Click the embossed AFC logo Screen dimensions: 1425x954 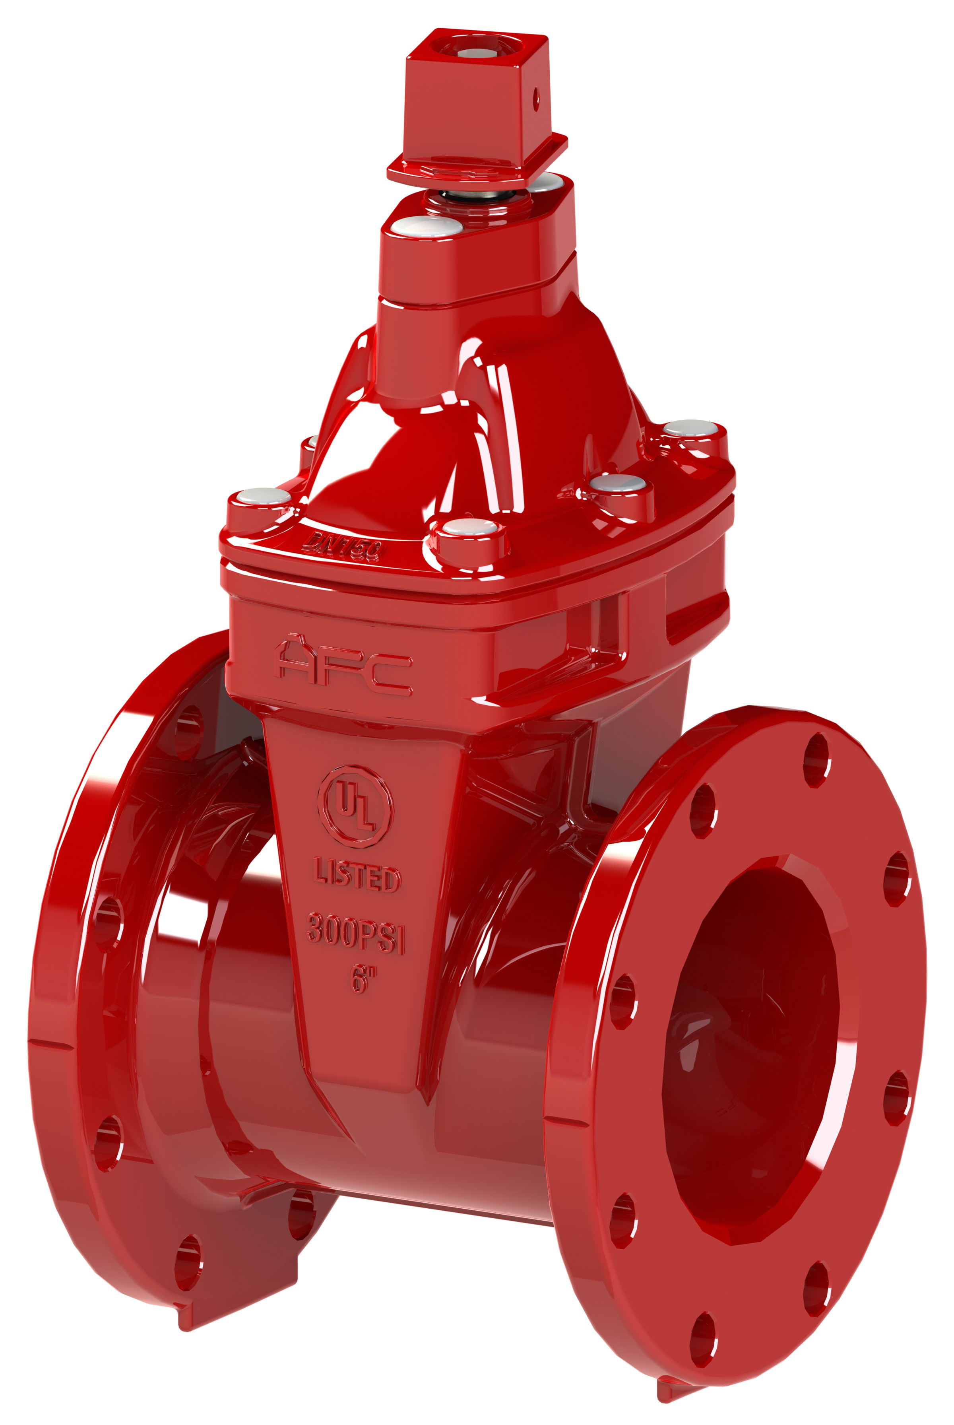344,667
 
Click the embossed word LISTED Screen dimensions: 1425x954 357,878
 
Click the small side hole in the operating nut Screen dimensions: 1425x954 536,97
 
